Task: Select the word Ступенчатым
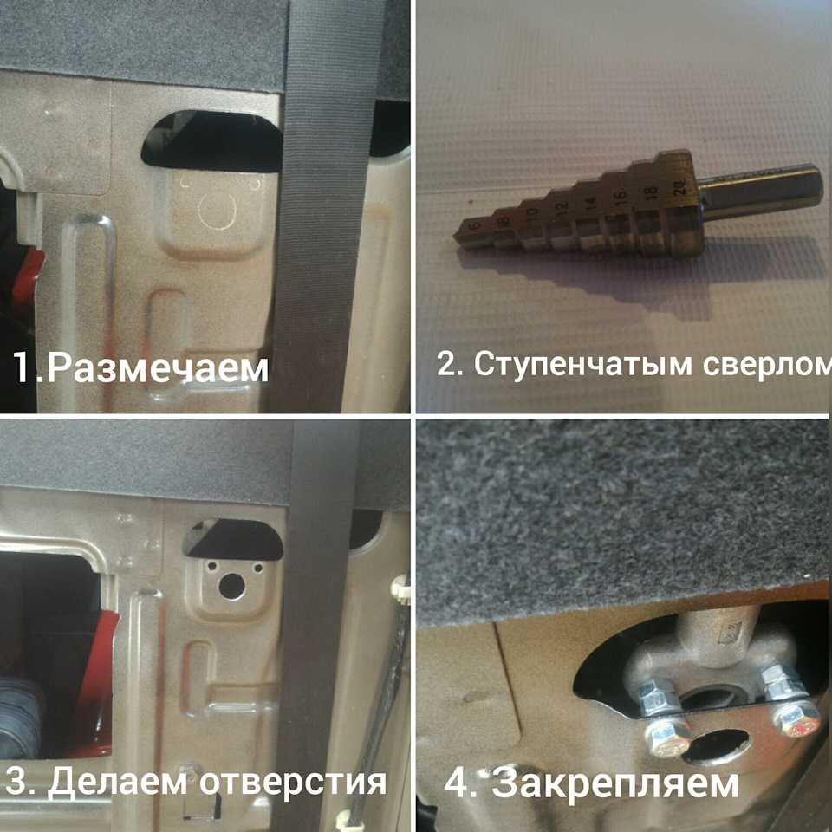[583, 365]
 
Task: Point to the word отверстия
[293, 783]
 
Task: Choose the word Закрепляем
[615, 783]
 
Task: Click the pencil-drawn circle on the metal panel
[217, 209]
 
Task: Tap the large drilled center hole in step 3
[232, 586]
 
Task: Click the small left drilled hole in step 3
[211, 567]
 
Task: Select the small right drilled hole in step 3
[258, 569]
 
